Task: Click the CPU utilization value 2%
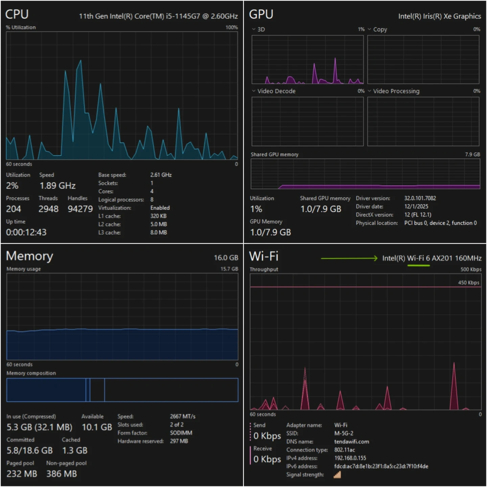tap(12, 186)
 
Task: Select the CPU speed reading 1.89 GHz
tap(57, 186)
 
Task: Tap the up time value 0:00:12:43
tap(26, 232)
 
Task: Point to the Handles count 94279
tap(80, 209)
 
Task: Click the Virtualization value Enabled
tap(160, 208)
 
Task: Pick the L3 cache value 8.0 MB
tap(159, 232)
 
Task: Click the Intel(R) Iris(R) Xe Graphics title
tap(439, 16)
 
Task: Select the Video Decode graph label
tap(276, 91)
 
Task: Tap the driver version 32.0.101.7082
tap(420, 198)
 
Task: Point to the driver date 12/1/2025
tap(416, 206)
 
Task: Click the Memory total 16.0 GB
tap(226, 258)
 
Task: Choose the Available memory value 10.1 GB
tap(97, 427)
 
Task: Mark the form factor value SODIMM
tap(181, 433)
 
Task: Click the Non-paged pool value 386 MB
tap(62, 474)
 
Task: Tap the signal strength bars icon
tap(337, 475)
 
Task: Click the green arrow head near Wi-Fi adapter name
tap(375, 258)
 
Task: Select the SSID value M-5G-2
tap(344, 433)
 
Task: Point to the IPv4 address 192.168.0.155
tap(350, 458)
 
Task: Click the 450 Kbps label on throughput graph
tap(468, 282)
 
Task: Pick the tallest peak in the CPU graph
tap(80, 61)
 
